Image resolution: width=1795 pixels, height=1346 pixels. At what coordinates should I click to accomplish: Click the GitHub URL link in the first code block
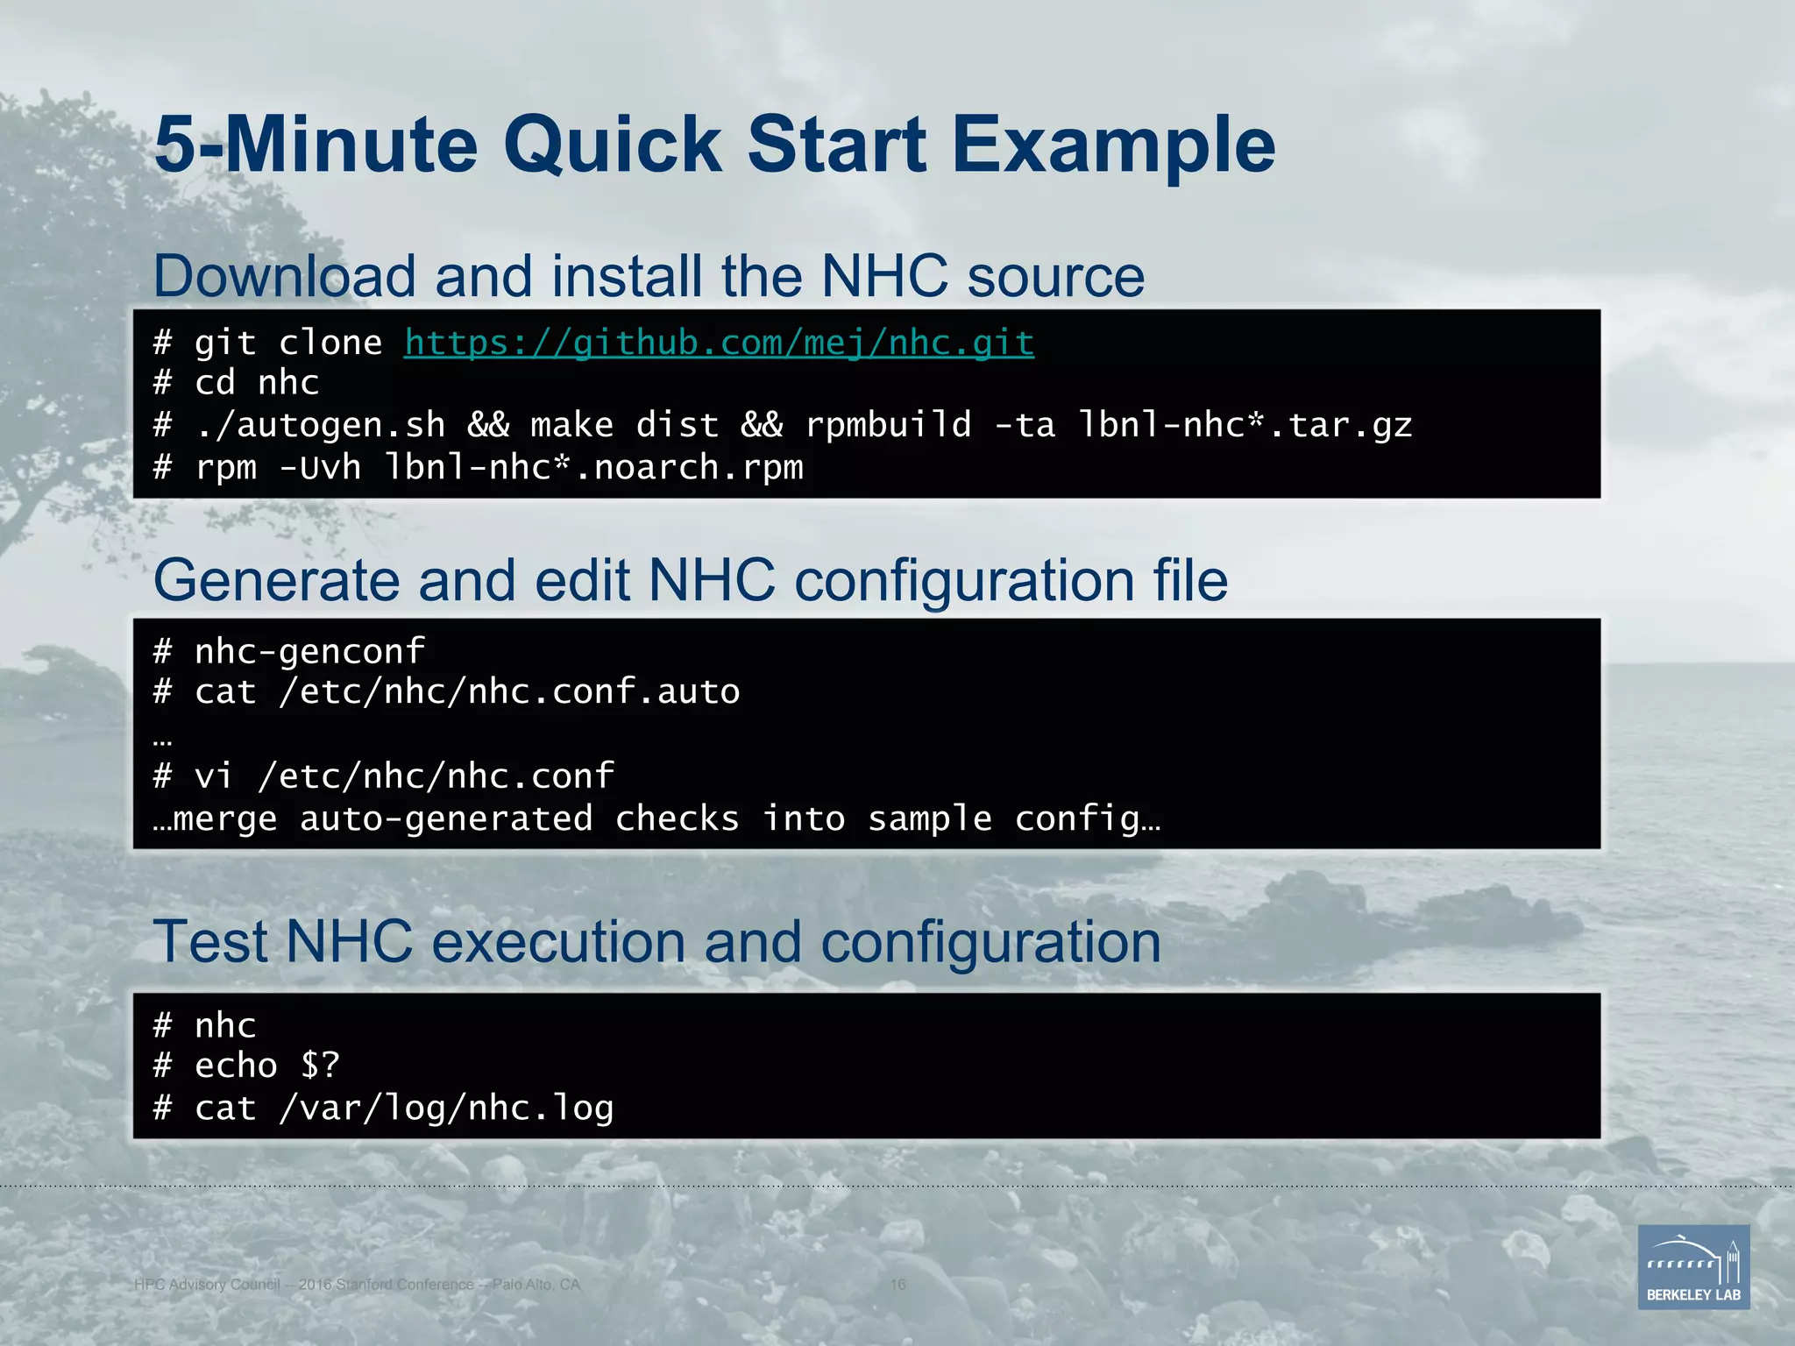(719, 343)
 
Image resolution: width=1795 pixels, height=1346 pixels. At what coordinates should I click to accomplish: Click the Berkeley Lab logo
(1693, 1267)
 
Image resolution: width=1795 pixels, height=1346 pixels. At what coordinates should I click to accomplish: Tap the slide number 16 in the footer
(897, 1285)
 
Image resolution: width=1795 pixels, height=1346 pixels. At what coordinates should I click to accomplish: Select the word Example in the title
(1113, 145)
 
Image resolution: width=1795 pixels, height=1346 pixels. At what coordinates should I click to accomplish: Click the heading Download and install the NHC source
(649, 276)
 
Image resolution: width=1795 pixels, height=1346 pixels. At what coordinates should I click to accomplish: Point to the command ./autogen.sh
(320, 425)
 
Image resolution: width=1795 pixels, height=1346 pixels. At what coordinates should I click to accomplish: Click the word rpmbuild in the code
(889, 425)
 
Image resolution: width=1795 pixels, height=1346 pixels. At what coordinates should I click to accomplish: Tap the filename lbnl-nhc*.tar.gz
(1245, 425)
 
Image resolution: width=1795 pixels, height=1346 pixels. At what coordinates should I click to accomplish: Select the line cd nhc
(256, 383)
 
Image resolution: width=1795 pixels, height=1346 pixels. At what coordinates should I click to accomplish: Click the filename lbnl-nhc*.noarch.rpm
(593, 467)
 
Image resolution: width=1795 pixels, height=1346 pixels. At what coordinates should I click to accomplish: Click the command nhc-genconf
(309, 651)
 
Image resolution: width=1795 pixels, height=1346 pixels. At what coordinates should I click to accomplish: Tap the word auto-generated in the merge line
(446, 818)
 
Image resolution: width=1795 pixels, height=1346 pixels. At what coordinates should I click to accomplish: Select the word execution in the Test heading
(558, 942)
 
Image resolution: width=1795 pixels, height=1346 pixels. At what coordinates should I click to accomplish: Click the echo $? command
(266, 1066)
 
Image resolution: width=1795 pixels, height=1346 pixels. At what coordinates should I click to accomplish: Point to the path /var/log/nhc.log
(446, 1109)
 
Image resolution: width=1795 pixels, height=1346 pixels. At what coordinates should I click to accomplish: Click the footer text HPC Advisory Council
(207, 1285)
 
